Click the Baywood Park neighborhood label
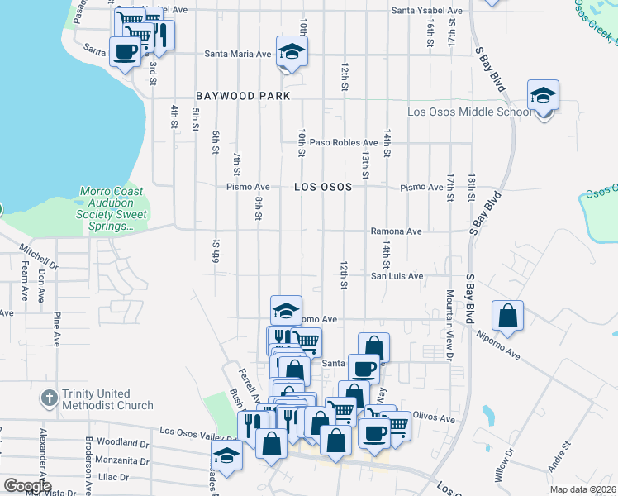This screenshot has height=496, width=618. pos(243,96)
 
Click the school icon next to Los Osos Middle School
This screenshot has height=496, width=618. pos(544,97)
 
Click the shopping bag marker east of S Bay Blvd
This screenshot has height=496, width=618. pos(507,316)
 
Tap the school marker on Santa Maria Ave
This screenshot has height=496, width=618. pos(291,52)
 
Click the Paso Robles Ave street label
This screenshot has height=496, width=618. pos(344,142)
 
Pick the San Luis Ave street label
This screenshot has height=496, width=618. pos(397,276)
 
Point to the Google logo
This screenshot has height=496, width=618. pos(28,486)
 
